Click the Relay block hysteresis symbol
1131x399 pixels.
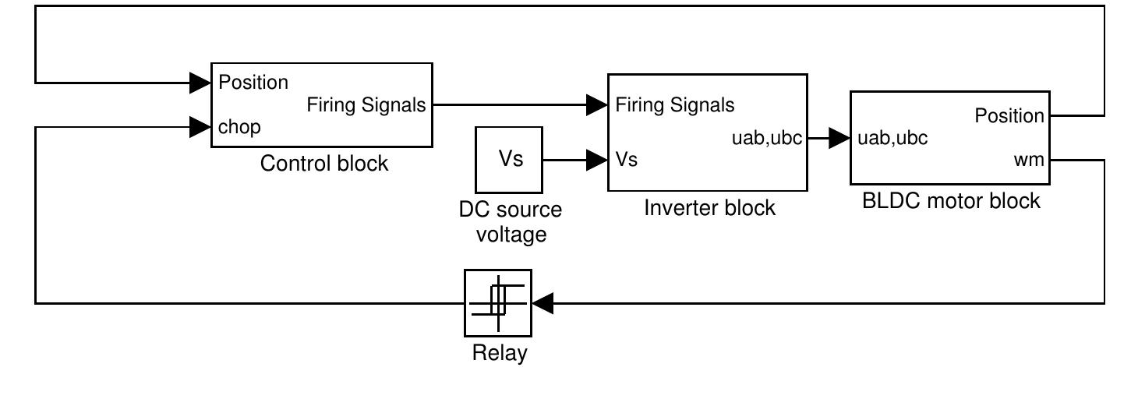497,302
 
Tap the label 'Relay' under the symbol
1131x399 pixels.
500,353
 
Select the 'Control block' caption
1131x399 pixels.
323,164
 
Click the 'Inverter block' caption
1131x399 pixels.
709,208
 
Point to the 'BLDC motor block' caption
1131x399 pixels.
951,200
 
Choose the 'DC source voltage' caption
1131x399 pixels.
510,221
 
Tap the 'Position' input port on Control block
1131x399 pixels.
253,82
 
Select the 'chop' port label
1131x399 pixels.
239,127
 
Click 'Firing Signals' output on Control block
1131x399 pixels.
366,104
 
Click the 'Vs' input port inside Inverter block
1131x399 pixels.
627,160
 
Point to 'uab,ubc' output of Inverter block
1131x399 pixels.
769,139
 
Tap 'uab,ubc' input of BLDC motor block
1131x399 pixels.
892,139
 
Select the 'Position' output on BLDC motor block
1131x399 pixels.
1009,116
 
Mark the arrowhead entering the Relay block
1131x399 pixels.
543,302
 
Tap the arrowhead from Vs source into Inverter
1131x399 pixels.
598,161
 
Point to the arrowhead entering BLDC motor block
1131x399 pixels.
839,139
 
